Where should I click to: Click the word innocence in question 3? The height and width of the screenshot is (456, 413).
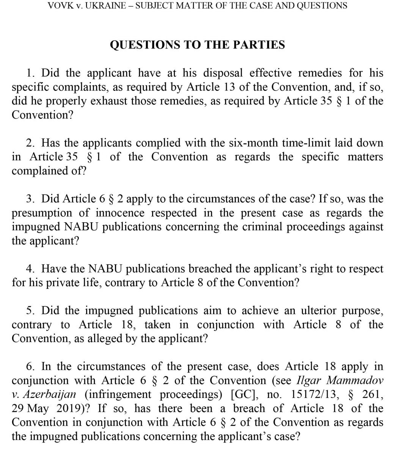tap(120, 213)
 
